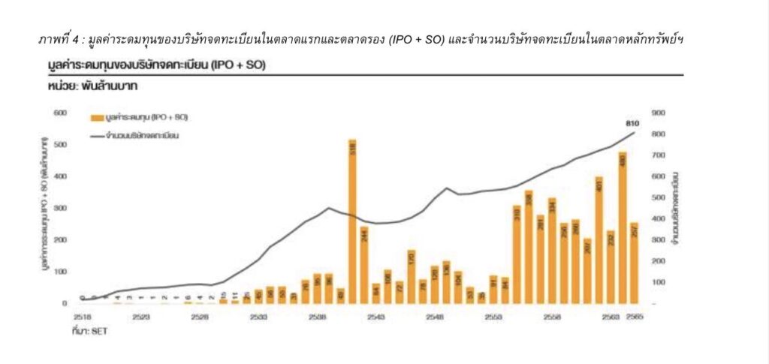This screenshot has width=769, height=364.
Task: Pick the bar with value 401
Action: (599, 240)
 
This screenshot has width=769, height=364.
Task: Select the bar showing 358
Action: (528, 247)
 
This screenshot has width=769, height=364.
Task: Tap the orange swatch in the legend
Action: (96, 119)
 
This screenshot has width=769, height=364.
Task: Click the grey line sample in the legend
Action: (96, 136)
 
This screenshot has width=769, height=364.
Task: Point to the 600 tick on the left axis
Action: (60, 113)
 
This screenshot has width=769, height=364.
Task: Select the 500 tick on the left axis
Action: (60, 145)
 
